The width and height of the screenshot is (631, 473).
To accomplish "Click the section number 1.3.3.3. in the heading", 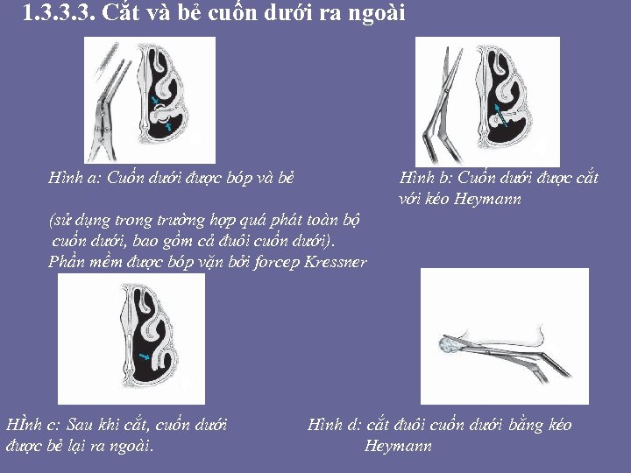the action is pos(59,12).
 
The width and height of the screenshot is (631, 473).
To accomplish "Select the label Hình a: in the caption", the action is pos(74,177).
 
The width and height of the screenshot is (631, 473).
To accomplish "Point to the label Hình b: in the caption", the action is pos(426,177).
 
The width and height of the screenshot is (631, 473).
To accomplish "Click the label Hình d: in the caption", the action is pos(334,424).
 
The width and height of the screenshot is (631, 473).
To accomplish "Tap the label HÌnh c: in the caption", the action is pos(33,424).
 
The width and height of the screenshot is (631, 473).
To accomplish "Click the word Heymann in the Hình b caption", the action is pos(487,199).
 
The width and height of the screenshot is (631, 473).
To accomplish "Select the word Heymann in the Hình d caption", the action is pos(398,446).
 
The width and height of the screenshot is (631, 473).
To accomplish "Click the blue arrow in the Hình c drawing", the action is pos(145,356).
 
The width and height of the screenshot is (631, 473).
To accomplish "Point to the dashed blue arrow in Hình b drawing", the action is pos(500,116).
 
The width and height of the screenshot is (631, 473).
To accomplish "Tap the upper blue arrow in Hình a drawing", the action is pos(155,100).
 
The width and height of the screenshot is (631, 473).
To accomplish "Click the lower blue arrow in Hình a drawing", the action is pos(169,126).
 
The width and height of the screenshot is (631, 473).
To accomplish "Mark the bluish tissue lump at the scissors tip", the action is pos(449,345).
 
